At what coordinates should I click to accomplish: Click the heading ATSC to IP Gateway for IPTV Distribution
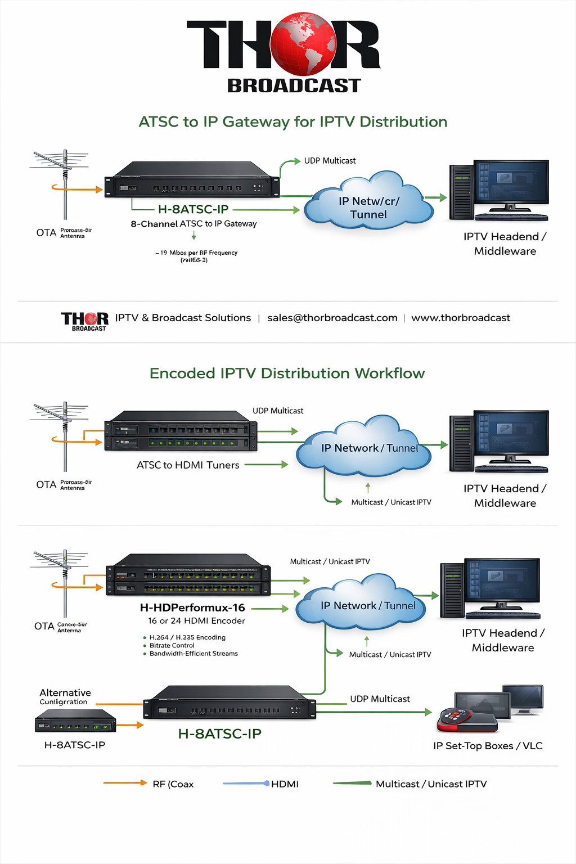pyautogui.click(x=292, y=122)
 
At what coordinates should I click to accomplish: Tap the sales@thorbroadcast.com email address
pyautogui.click(x=332, y=318)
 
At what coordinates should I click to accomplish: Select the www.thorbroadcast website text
pyautogui.click(x=461, y=318)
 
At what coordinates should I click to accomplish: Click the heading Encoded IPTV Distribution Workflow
pyautogui.click(x=287, y=373)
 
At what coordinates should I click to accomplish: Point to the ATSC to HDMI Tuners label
pyautogui.click(x=188, y=465)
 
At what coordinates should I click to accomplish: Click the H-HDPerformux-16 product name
pyautogui.click(x=192, y=607)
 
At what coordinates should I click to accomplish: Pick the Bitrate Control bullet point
pyautogui.click(x=172, y=646)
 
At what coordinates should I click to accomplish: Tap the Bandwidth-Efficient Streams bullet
pyautogui.click(x=193, y=654)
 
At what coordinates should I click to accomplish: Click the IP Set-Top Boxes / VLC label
pyautogui.click(x=488, y=746)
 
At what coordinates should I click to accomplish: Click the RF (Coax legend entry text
pyautogui.click(x=173, y=784)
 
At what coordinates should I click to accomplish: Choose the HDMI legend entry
pyautogui.click(x=285, y=784)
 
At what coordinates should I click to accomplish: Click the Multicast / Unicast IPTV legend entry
pyautogui.click(x=431, y=784)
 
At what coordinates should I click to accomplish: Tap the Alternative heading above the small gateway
pyautogui.click(x=65, y=693)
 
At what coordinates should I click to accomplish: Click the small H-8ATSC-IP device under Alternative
pyautogui.click(x=75, y=721)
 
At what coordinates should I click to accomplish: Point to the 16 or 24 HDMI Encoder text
pyautogui.click(x=196, y=621)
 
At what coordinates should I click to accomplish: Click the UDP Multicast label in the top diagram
pyautogui.click(x=330, y=161)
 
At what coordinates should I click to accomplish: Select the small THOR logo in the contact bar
pyautogui.click(x=85, y=321)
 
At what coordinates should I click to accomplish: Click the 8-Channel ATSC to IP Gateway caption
pyautogui.click(x=193, y=224)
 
